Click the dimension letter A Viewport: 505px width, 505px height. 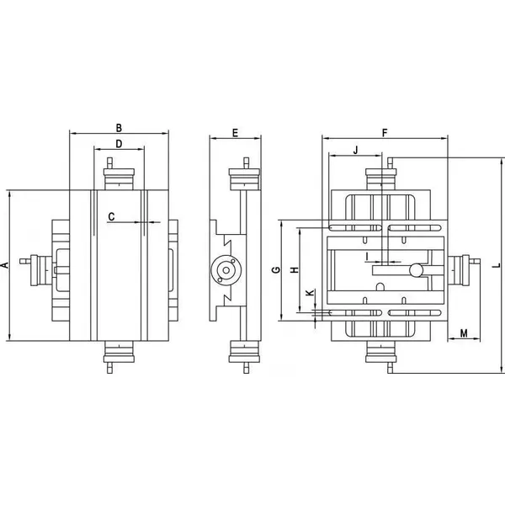click(x=5, y=265)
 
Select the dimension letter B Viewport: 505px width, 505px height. click(x=119, y=128)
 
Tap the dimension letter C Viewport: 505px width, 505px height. click(x=111, y=216)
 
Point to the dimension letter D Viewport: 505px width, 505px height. click(x=119, y=145)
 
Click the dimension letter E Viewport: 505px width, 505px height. click(x=235, y=133)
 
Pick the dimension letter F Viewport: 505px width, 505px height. click(x=384, y=133)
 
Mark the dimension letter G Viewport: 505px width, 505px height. click(x=275, y=271)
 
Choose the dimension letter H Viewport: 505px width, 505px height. click(x=294, y=270)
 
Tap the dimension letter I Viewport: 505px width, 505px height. click(x=367, y=256)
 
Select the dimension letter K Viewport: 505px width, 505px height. click(x=310, y=293)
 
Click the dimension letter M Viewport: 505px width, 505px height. click(x=465, y=334)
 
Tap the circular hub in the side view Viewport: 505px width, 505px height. click(x=226, y=270)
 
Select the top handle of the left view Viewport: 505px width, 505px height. click(x=119, y=176)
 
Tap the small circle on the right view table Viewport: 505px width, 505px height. click(x=414, y=270)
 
